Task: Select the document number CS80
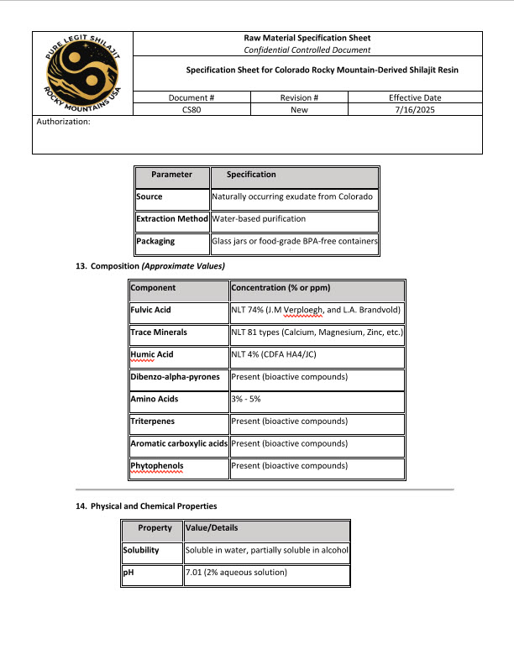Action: pos(191,109)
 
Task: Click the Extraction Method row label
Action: pos(172,219)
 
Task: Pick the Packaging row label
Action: pos(155,242)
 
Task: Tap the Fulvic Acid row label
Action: pos(151,311)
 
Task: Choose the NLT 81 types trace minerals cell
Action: pos(317,332)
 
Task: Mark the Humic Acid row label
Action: pos(152,355)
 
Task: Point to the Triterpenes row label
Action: pos(153,422)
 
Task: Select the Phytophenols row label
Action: pos(157,466)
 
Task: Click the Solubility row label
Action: pos(141,551)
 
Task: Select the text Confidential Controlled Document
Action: pos(306,50)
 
